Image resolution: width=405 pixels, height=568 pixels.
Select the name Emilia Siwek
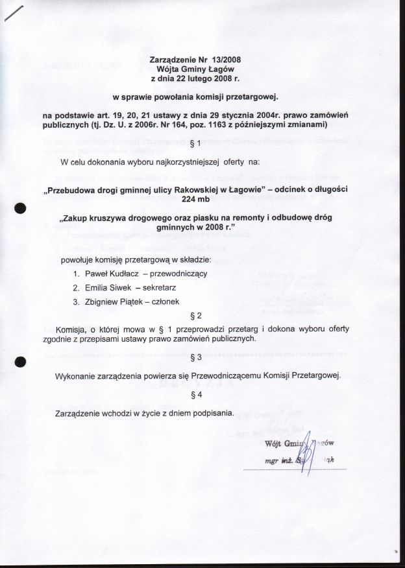[x=108, y=287]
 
